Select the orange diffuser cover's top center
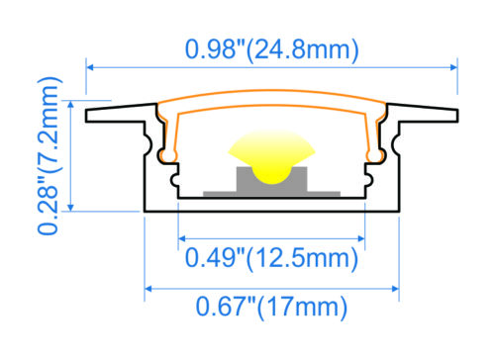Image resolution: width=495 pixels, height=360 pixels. pos(272,100)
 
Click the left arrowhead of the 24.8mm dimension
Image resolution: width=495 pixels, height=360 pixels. pos(92,67)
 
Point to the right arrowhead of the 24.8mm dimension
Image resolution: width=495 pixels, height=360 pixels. pos(454,67)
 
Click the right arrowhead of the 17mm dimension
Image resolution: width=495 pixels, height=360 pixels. pos(395,289)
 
